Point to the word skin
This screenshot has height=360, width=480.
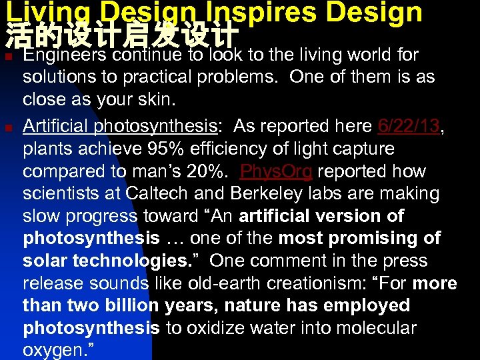coord(154,99)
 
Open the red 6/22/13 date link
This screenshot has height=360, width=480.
coord(408,125)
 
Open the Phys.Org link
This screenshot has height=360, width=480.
coord(275,171)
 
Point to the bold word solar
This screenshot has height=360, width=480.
coord(46,261)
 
